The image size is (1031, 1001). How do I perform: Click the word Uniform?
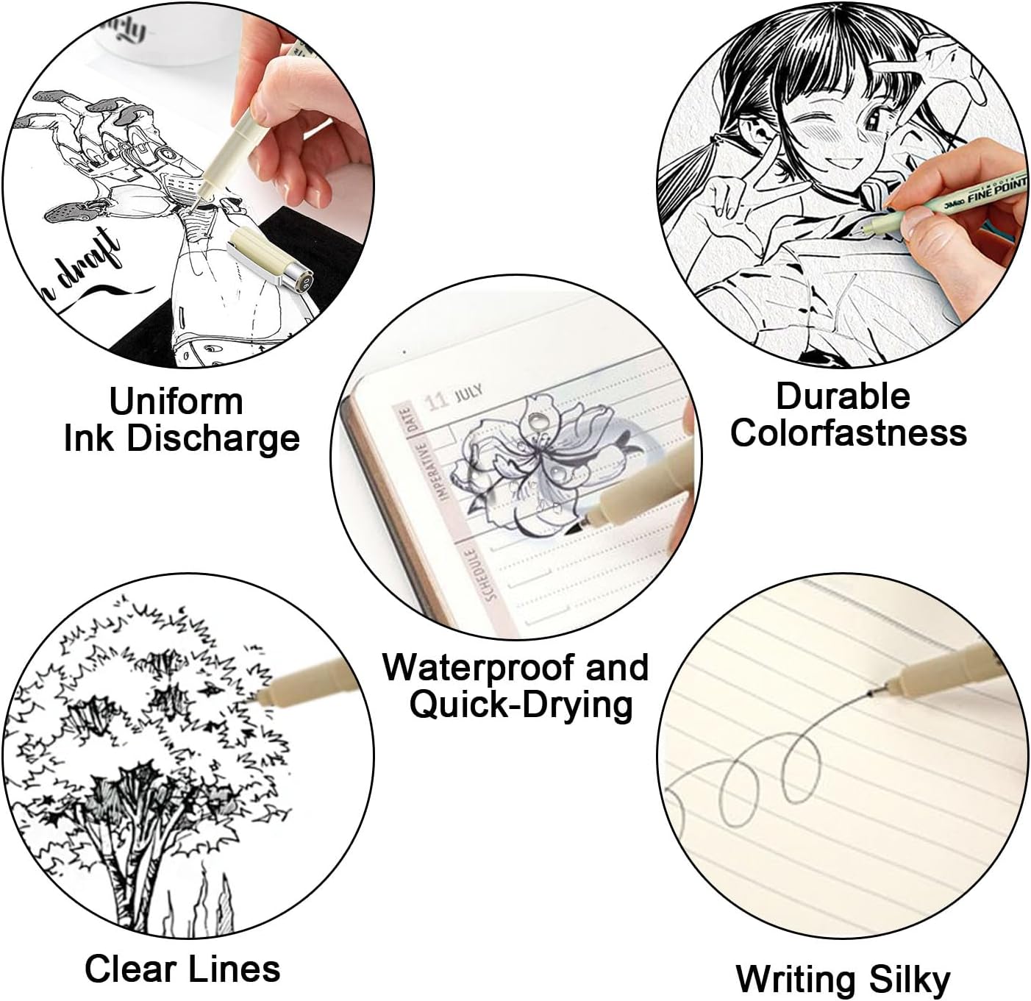tap(176, 402)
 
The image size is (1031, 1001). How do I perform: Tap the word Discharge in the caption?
tap(213, 438)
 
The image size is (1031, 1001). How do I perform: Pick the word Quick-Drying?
tap(521, 705)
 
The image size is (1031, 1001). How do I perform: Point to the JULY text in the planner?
tap(468, 392)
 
